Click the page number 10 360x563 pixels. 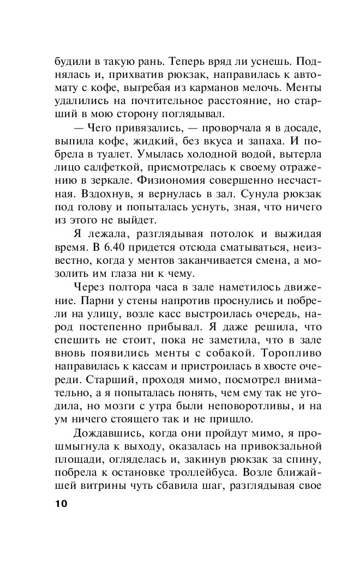tap(60, 504)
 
